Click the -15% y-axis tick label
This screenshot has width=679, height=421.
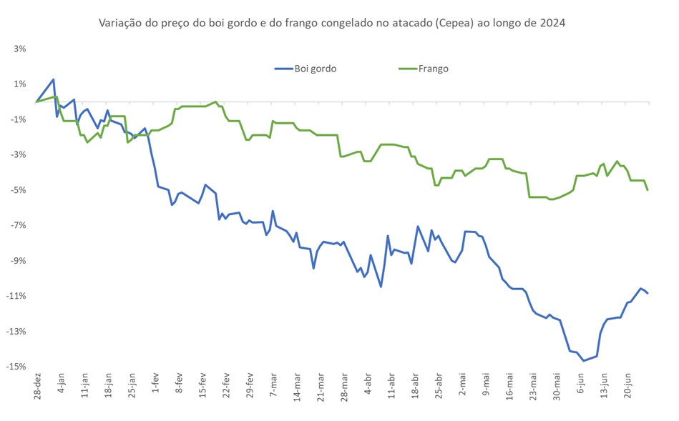16,367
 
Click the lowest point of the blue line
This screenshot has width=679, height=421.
583,360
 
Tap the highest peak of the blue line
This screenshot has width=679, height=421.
54,79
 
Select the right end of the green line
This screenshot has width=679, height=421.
648,189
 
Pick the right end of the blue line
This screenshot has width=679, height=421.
648,293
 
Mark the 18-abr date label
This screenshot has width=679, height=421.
414,386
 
